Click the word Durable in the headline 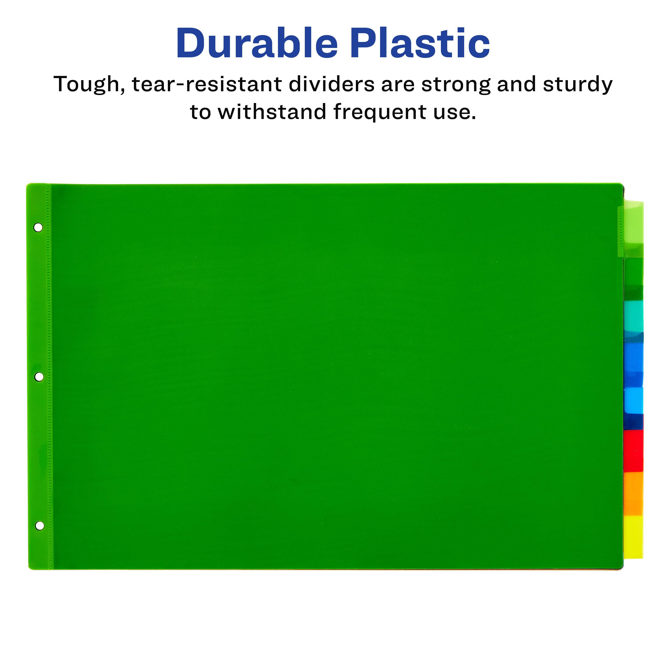(257, 44)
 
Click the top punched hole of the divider (38, 228)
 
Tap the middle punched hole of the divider (39, 377)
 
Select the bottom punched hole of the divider (40, 526)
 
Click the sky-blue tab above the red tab (634, 400)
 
